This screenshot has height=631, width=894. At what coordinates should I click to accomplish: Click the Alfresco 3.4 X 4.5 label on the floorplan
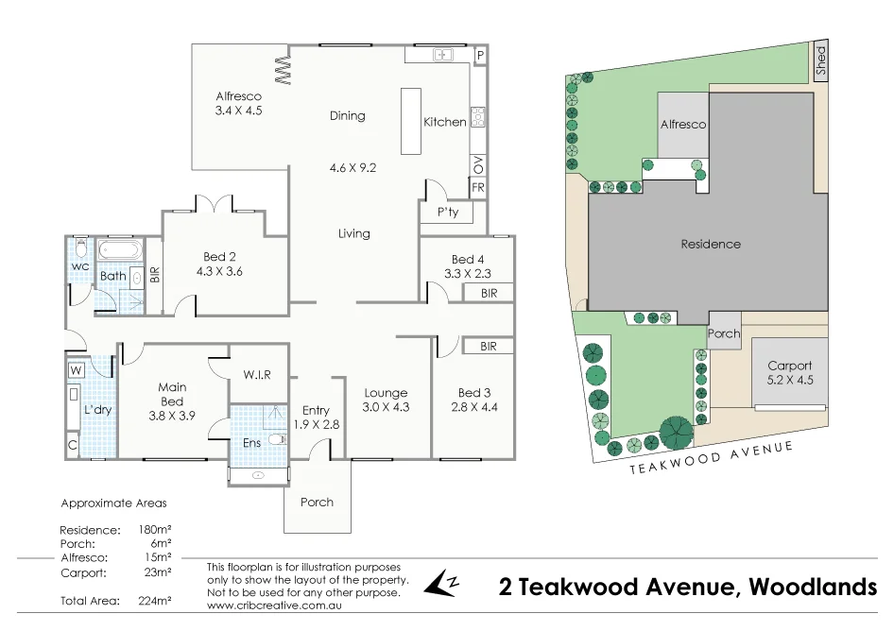(238, 104)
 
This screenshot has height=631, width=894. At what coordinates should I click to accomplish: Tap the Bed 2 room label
(219, 264)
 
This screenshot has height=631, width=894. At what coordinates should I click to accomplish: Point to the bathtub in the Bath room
(119, 251)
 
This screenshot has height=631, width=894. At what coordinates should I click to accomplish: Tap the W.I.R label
(256, 375)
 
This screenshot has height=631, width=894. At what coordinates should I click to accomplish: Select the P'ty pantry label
(447, 213)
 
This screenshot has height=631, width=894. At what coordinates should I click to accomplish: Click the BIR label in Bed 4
(489, 294)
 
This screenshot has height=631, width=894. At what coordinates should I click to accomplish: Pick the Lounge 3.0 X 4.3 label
(386, 401)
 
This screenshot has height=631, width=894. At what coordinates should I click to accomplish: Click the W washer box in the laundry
(76, 369)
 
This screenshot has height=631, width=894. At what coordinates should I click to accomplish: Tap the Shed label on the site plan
(820, 60)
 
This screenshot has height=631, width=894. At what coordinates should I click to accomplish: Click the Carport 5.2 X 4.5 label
(789, 373)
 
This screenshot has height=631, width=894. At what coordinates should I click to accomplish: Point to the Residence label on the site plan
(711, 244)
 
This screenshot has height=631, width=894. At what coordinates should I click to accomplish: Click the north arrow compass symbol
(441, 584)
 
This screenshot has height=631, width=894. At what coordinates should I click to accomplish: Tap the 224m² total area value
(155, 601)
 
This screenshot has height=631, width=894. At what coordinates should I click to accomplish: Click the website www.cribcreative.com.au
(273, 605)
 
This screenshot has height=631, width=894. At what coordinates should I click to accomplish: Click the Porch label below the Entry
(317, 502)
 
